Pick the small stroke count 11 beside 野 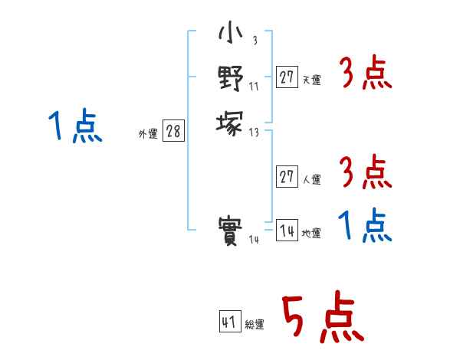(x=254, y=87)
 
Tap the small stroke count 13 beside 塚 (x=255, y=132)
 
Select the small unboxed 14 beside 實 (x=255, y=240)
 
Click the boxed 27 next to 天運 (x=287, y=77)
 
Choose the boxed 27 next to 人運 (x=287, y=177)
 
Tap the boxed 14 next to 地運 (x=287, y=231)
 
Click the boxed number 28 (x=172, y=131)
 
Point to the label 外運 (x=148, y=133)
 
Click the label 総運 (x=255, y=324)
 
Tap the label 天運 (x=311, y=79)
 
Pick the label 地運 (x=311, y=233)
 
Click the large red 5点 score (x=323, y=319)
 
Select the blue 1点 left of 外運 (x=74, y=126)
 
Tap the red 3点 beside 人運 (x=366, y=173)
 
